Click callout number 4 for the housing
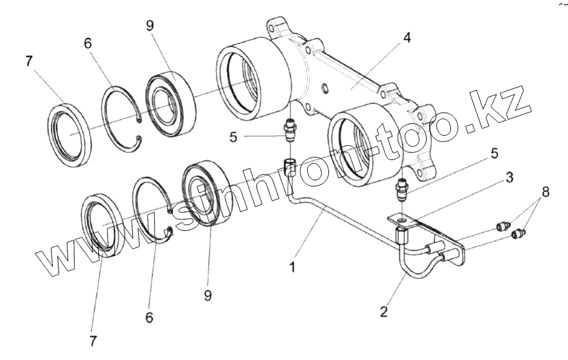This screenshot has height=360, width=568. tap(407, 37)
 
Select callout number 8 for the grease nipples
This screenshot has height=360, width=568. tap(545, 191)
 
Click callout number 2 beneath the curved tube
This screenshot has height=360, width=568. tap(384, 312)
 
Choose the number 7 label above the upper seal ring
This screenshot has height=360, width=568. tap(28, 62)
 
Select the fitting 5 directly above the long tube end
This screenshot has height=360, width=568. tap(290, 131)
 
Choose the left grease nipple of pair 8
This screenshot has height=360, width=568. tap(503, 226)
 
